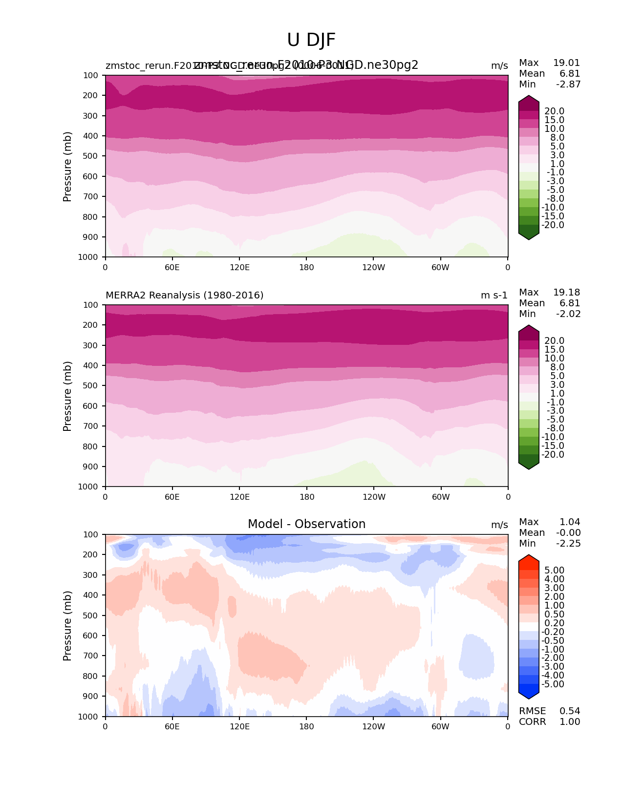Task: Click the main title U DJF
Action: (x=311, y=40)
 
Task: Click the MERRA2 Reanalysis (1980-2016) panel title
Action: (x=184, y=295)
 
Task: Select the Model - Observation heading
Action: (x=306, y=524)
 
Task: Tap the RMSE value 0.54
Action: (x=570, y=711)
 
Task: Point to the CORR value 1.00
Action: (x=570, y=721)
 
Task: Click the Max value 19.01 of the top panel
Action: (x=566, y=63)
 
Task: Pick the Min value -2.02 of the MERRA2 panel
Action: (x=568, y=314)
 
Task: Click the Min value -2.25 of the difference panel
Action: (x=568, y=543)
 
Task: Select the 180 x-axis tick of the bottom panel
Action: (x=306, y=726)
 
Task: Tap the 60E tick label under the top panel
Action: (x=172, y=267)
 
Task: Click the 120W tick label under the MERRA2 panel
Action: (x=374, y=497)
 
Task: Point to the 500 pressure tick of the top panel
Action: (x=91, y=156)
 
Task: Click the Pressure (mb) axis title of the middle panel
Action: (x=67, y=396)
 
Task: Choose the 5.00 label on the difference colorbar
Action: (x=554, y=570)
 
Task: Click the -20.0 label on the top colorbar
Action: (x=553, y=225)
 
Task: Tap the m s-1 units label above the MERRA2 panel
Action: (x=494, y=295)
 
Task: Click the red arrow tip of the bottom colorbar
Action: (x=529, y=558)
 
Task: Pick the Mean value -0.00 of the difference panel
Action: (x=568, y=532)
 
